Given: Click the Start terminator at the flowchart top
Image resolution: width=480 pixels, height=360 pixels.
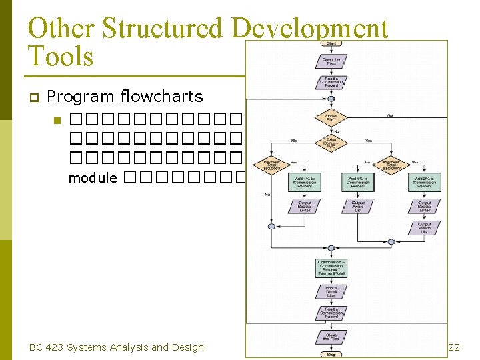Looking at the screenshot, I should [x=331, y=43].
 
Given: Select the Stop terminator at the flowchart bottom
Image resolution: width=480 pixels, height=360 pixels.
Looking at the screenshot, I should [x=331, y=354].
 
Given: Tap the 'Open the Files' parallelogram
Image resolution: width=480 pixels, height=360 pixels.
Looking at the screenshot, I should [x=331, y=61].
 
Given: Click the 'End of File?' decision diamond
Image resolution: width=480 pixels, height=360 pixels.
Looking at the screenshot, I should [x=331, y=118].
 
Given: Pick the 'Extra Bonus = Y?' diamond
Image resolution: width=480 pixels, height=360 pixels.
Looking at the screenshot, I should [x=331, y=143].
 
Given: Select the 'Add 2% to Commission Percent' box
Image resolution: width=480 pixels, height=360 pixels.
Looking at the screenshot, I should [x=425, y=182].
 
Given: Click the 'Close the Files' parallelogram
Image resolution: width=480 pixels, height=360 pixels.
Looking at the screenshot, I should [x=331, y=337].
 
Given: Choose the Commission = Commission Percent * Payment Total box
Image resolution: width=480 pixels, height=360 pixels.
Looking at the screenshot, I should [x=331, y=268].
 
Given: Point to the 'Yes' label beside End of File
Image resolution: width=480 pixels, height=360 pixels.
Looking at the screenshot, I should [x=389, y=115].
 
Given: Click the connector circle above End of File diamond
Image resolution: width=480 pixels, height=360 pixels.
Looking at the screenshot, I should [x=331, y=99].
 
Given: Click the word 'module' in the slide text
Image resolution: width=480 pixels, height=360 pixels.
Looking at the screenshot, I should [x=93, y=178].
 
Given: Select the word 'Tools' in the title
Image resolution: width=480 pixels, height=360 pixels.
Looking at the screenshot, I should [x=61, y=56].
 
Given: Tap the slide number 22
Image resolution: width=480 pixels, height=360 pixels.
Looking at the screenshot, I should [x=454, y=347].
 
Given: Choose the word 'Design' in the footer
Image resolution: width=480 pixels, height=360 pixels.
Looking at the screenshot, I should [x=189, y=347].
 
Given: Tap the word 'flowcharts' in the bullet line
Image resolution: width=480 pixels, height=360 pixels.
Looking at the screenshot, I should [x=162, y=97].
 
